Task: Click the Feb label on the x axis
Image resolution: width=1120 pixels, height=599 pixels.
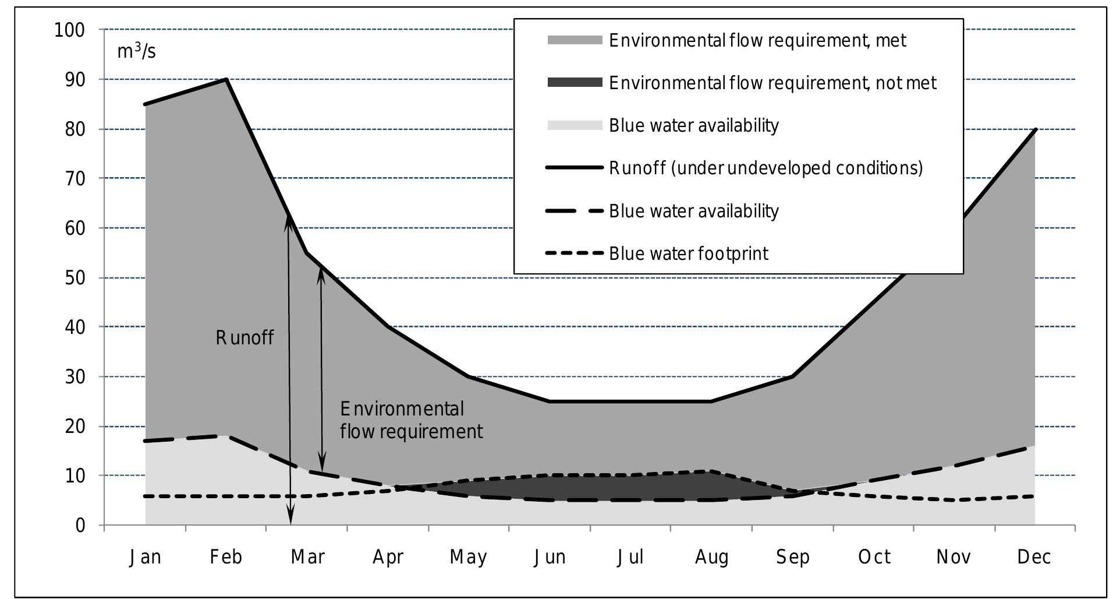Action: pos(226,557)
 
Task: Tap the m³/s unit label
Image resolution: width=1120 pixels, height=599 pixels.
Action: pos(136,51)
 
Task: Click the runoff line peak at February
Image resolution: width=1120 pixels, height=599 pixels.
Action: pos(226,79)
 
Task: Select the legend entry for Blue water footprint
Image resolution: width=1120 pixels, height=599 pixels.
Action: pos(688,253)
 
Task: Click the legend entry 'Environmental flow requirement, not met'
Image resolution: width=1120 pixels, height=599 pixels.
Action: pos(772,83)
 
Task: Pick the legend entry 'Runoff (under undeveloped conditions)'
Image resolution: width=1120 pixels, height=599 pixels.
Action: pos(765,168)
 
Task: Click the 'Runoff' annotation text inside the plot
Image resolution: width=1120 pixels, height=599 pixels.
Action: pos(244,337)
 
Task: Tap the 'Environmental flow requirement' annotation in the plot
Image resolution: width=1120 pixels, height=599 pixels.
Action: pos(411,420)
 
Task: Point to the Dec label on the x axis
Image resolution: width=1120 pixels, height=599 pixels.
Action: pos(1034,557)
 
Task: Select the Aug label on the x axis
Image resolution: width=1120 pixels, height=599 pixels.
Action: pos(711,557)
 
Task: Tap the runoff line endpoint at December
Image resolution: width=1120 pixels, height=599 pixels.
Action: pos(1035,129)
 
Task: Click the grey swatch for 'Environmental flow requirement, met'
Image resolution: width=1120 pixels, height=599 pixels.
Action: pos(575,40)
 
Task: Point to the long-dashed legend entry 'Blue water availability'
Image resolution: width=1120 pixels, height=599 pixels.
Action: pos(693,211)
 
